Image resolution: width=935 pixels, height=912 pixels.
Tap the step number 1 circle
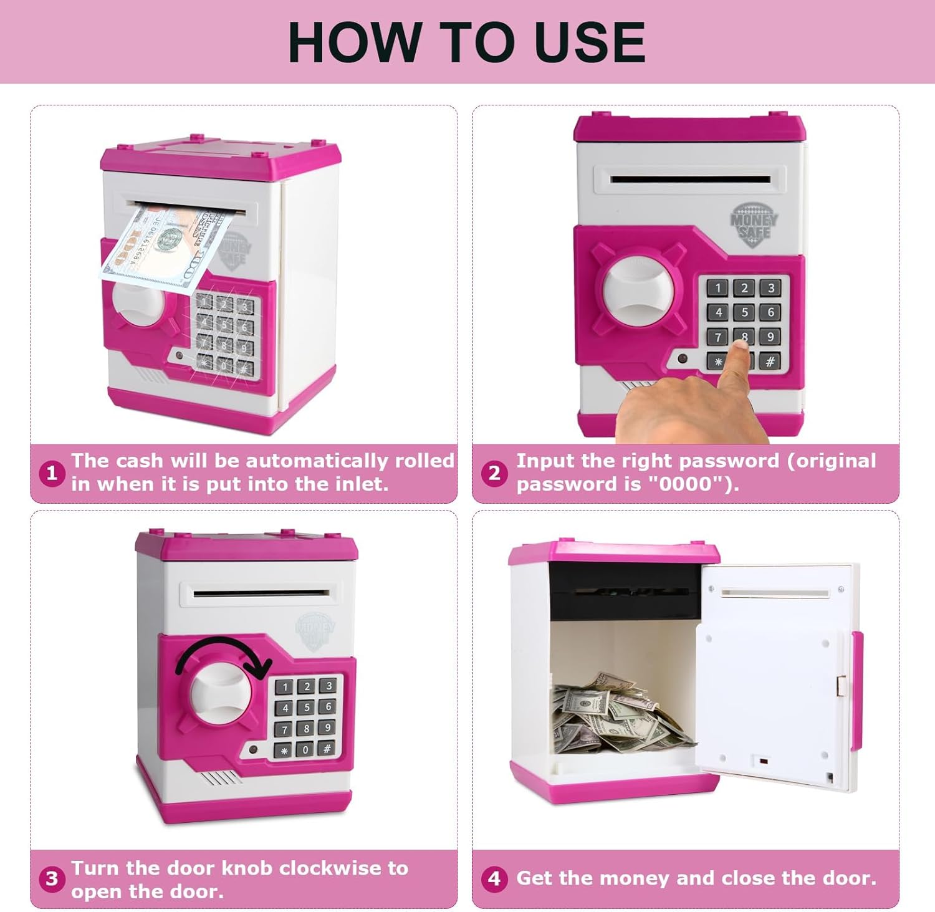[x=52, y=473]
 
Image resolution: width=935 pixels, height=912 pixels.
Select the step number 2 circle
[x=494, y=473]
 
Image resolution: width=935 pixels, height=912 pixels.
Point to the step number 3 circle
[x=52, y=879]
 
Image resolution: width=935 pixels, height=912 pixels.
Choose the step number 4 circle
[x=494, y=879]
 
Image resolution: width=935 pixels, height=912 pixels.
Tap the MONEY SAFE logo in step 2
[x=754, y=224]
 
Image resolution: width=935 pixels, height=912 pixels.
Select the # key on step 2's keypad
[x=770, y=362]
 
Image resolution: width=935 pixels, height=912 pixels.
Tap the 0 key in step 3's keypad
[x=305, y=750]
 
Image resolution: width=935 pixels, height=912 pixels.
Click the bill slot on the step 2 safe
[x=690, y=180]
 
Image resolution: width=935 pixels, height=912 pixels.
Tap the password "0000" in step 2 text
[x=684, y=484]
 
